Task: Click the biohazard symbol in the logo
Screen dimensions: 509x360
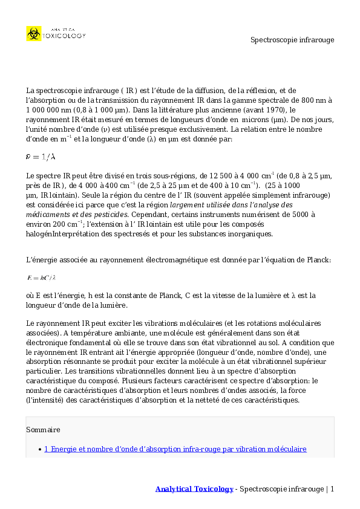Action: pyautogui.click(x=33, y=33)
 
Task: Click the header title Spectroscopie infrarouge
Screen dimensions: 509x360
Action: pyautogui.click(x=292, y=40)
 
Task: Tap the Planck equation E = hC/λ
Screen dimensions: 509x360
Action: pyautogui.click(x=41, y=278)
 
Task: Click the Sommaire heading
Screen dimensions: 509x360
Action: pyautogui.click(x=43, y=430)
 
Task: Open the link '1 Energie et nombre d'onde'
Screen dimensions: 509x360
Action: pyautogui.click(x=175, y=449)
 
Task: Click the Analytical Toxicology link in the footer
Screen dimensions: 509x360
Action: pyautogui.click(x=194, y=488)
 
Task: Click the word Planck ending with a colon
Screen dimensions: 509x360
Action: pyautogui.click(x=317, y=259)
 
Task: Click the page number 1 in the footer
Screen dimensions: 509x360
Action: pyautogui.click(x=332, y=488)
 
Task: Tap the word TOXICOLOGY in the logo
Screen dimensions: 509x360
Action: pyautogui.click(x=64, y=36)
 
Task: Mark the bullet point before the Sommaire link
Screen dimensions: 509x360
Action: pyautogui.click(x=39, y=449)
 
